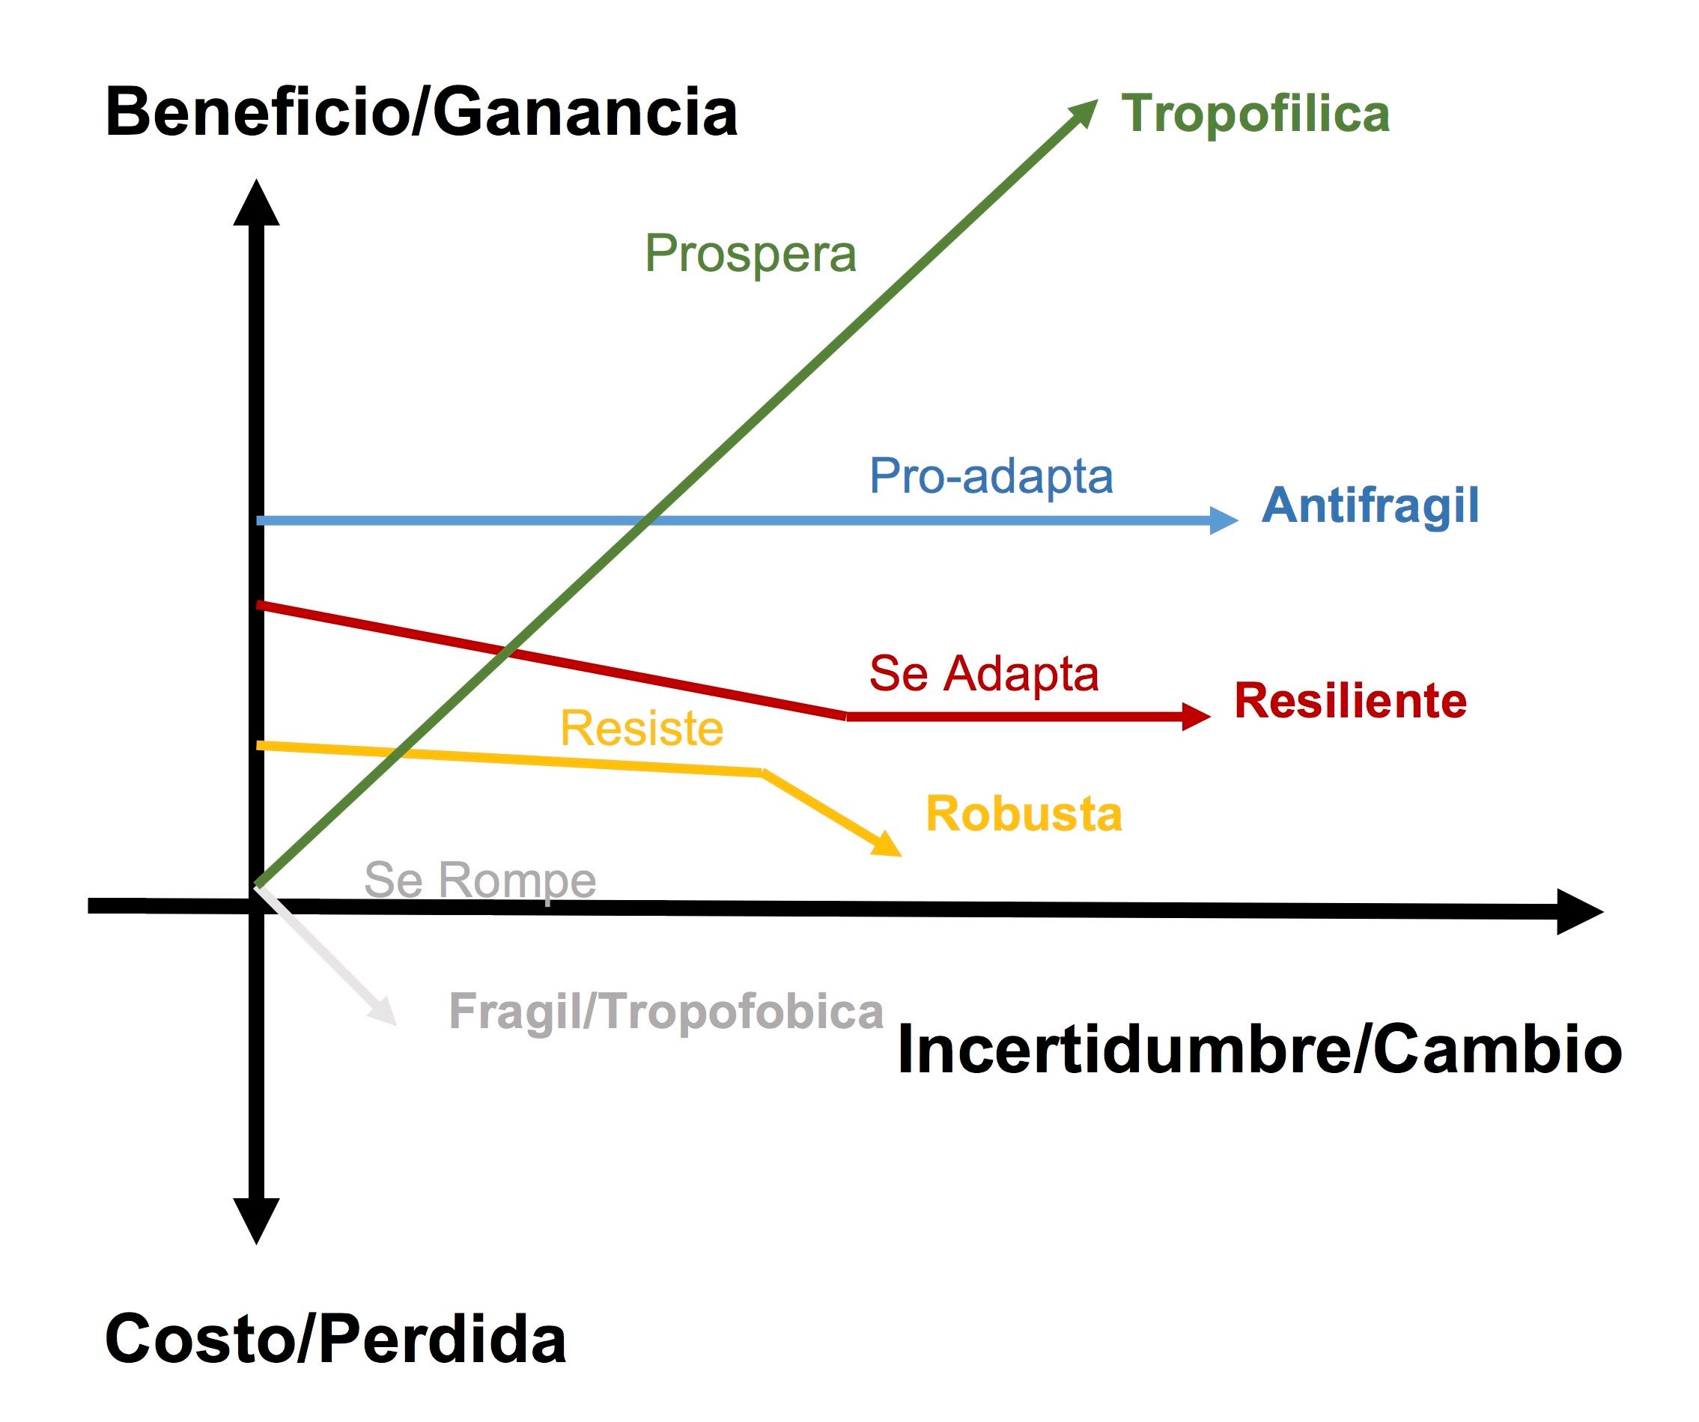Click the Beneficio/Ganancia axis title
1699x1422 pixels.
tap(421, 113)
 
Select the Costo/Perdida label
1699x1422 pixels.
tap(335, 1340)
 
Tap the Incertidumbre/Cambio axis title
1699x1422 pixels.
tap(1259, 1050)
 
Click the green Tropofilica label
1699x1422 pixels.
tap(1255, 113)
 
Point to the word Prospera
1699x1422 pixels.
tap(750, 254)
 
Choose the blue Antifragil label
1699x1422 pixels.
tap(1370, 505)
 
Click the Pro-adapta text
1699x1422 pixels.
tap(991, 475)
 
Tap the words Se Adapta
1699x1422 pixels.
tap(984, 674)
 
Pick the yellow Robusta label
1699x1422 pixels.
tap(1024, 814)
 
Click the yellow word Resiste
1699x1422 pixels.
tap(642, 729)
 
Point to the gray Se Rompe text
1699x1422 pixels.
tap(480, 880)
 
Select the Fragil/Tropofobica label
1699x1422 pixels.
tap(666, 1011)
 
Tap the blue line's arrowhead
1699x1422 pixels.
tap(1223, 520)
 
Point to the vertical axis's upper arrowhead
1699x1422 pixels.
tap(257, 204)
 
